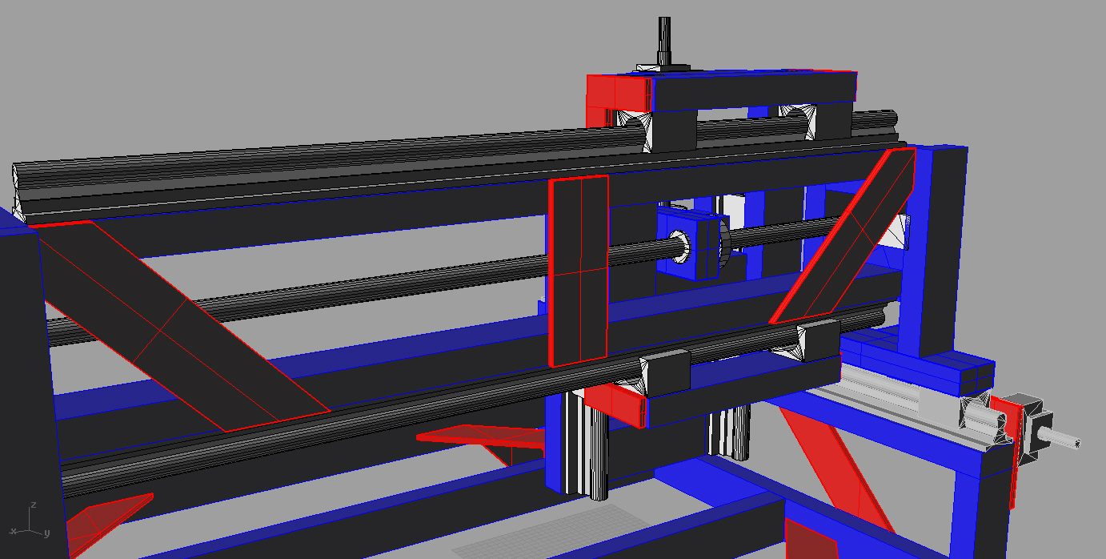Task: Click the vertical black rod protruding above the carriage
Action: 664,41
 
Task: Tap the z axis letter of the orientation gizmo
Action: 33,505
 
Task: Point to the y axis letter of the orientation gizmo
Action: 46,533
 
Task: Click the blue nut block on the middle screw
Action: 689,243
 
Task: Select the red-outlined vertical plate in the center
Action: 578,271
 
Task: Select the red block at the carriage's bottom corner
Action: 615,405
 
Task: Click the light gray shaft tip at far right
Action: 1059,438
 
